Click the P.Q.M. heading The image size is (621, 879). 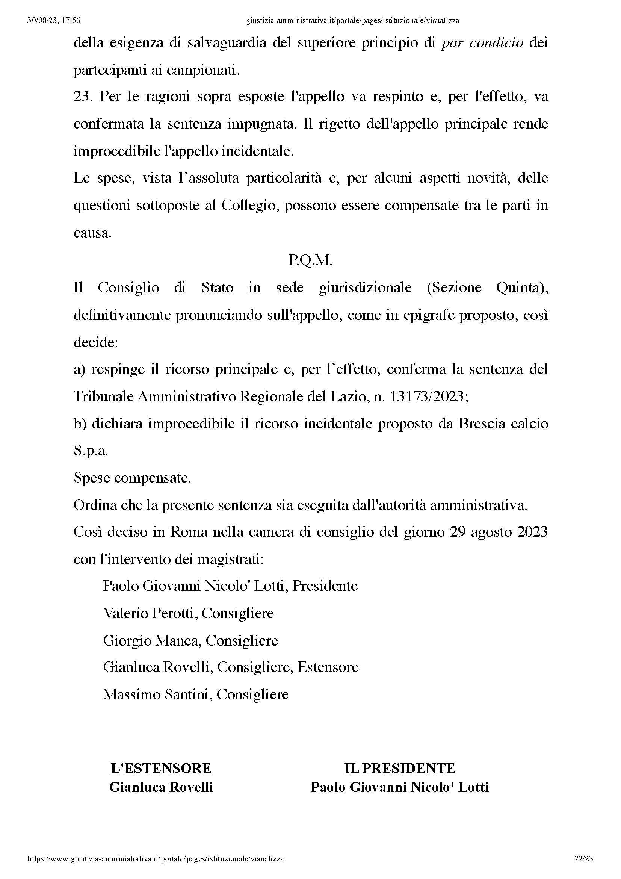click(x=310, y=260)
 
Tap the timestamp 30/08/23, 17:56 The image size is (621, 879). click(x=54, y=21)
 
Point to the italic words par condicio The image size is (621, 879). click(x=482, y=43)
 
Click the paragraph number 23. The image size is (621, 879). click(x=83, y=97)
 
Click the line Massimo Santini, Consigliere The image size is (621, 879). click(x=195, y=694)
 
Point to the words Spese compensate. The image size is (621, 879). click(x=132, y=478)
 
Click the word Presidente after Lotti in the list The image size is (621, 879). click(x=325, y=586)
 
